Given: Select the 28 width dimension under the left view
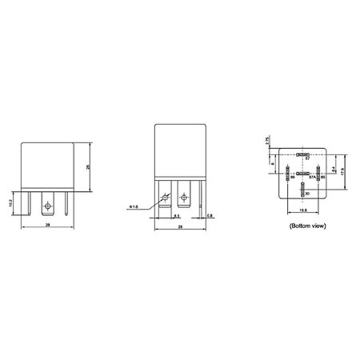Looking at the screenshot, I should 50,227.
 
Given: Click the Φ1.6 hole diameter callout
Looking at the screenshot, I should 132,207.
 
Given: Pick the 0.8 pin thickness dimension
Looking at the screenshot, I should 210,217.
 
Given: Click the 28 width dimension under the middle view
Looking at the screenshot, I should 179,228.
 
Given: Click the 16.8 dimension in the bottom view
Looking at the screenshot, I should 302,211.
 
